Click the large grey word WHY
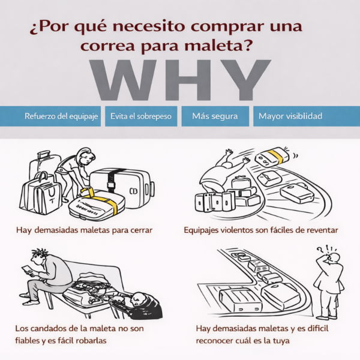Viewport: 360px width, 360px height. [x=180, y=80]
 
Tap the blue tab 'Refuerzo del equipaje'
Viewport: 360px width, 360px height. [x=50, y=116]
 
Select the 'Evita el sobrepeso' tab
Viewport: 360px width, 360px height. [x=141, y=116]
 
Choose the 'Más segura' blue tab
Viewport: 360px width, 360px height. [x=215, y=116]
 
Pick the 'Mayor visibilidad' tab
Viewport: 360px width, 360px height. [x=307, y=116]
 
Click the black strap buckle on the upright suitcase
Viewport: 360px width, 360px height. [x=110, y=185]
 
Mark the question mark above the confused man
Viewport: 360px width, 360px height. [x=320, y=250]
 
